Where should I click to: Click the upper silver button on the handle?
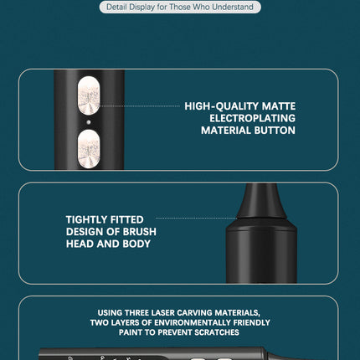tap(89, 95)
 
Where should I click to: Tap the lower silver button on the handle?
tap(89, 149)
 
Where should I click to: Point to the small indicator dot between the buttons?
tap(89, 122)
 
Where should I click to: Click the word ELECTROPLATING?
tap(252, 118)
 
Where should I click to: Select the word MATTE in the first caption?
tap(279, 106)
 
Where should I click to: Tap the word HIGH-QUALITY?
tap(222, 106)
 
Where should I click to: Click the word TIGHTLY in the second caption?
tap(86, 219)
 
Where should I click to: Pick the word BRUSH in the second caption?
tap(140, 232)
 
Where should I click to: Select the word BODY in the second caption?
tap(136, 244)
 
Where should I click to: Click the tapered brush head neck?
tap(261, 201)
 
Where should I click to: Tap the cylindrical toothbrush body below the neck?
tap(261, 250)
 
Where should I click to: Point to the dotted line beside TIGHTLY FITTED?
tap(197, 218)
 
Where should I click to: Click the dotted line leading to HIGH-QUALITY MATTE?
tap(140, 106)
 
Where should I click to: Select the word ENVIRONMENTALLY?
tap(193, 322)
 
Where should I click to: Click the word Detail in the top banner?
tap(116, 7)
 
